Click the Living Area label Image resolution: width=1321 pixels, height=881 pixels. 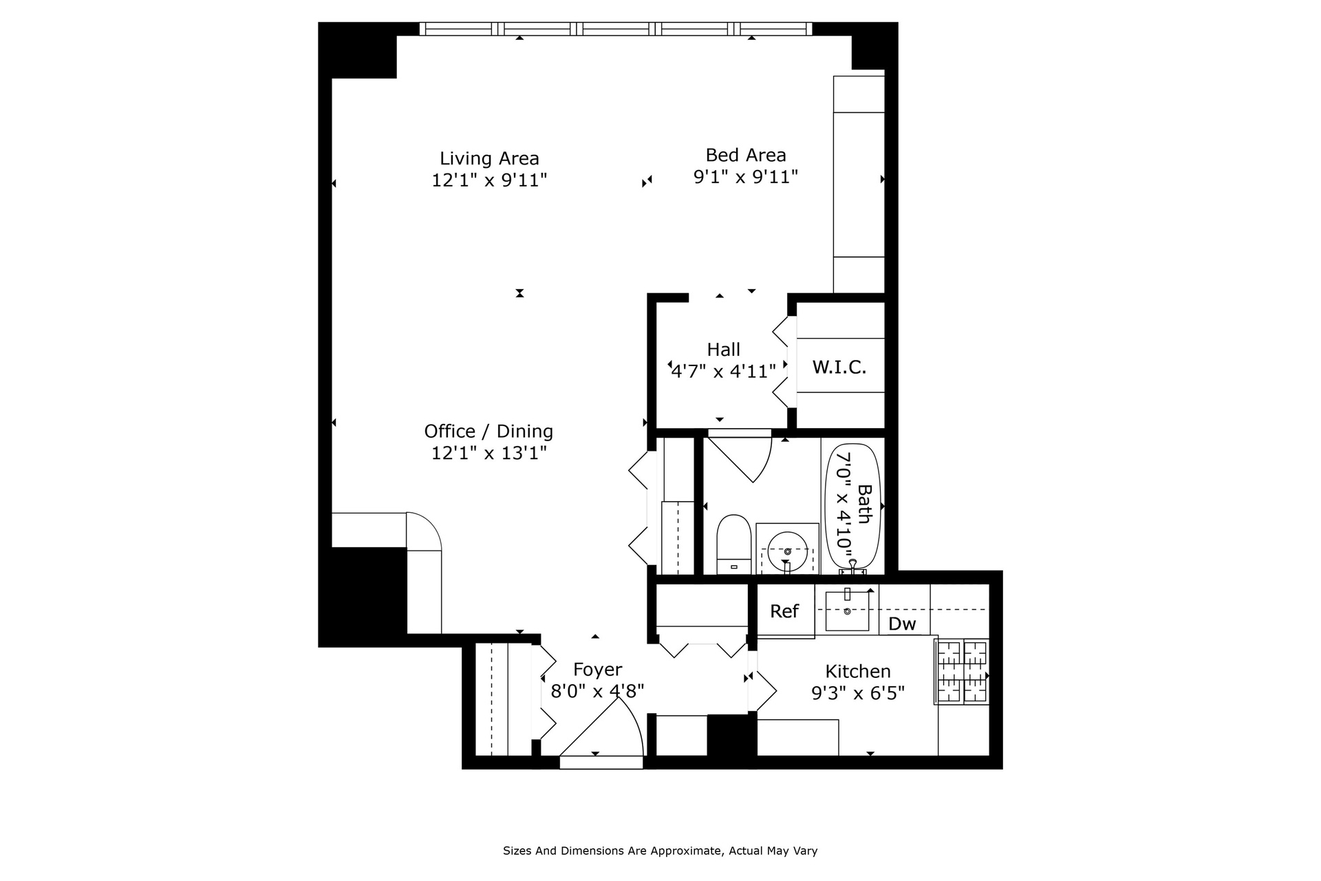pos(489,158)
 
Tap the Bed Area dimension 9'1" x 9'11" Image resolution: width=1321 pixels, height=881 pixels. pos(745,177)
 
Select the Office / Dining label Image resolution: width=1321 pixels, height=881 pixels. pos(488,431)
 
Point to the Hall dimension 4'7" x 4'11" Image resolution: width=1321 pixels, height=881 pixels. pos(723,372)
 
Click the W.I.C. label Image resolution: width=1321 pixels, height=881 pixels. pos(839,367)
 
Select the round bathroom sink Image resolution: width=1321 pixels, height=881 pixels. pos(787,551)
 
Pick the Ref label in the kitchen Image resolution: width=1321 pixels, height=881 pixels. pos(784,611)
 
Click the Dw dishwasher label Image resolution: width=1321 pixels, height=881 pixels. pos(902,624)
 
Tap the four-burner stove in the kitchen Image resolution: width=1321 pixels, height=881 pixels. pos(962,672)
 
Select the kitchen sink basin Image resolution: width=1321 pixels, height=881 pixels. pos(847,610)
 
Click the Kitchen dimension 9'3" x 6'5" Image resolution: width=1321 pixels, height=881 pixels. pos(857,692)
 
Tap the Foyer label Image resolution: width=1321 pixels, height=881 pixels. pos(597,669)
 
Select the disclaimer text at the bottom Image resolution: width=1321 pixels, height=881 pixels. pos(660,851)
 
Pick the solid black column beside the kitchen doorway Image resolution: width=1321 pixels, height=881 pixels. pos(731,735)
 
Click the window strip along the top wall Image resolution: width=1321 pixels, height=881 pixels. pos(615,29)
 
